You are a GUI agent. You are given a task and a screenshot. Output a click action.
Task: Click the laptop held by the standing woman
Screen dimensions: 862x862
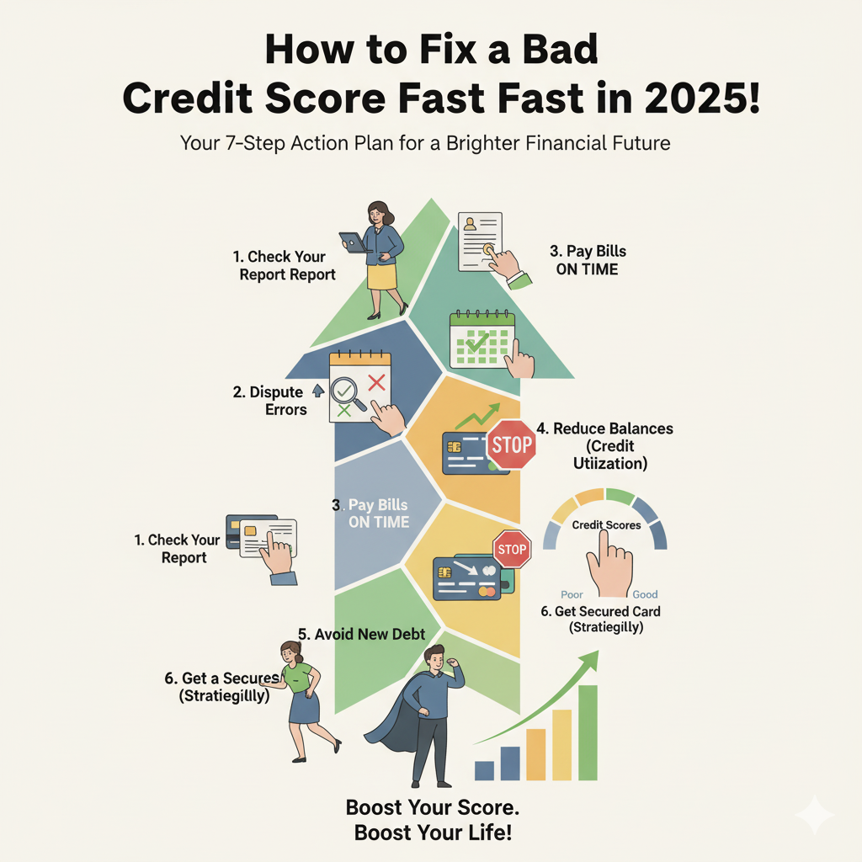pos(354,242)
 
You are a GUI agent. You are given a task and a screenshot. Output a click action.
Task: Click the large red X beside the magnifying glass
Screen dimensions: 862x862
pos(376,383)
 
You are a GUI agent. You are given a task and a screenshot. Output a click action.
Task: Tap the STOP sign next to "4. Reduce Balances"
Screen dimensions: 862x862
pos(511,444)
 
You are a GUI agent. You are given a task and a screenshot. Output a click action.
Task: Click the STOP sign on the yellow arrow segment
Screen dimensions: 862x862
pos(510,550)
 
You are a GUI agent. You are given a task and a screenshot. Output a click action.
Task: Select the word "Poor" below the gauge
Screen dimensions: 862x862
pos(572,594)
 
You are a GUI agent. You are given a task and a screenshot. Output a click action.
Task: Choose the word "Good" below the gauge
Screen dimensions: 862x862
pos(645,594)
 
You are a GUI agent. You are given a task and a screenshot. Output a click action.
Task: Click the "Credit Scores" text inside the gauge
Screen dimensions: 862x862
pos(606,524)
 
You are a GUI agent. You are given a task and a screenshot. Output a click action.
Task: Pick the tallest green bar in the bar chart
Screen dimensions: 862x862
pos(588,732)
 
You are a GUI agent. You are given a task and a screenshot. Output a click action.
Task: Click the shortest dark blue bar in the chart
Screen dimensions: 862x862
pos(484,770)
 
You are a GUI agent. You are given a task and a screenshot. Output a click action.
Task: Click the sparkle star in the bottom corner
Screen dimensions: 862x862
pos(814,815)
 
